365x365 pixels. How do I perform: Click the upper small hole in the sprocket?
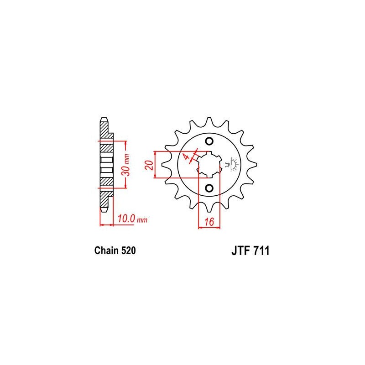pyautogui.click(x=209, y=141)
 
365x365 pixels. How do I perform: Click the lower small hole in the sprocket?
pyautogui.click(x=209, y=188)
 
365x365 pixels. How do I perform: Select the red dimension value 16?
pyautogui.click(x=209, y=221)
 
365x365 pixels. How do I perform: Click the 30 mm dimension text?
pyautogui.click(x=126, y=164)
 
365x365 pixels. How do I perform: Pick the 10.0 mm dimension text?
pyautogui.click(x=132, y=219)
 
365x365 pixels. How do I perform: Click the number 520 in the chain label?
pyautogui.click(x=128, y=250)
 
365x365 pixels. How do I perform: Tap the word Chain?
pyautogui.click(x=106, y=250)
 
